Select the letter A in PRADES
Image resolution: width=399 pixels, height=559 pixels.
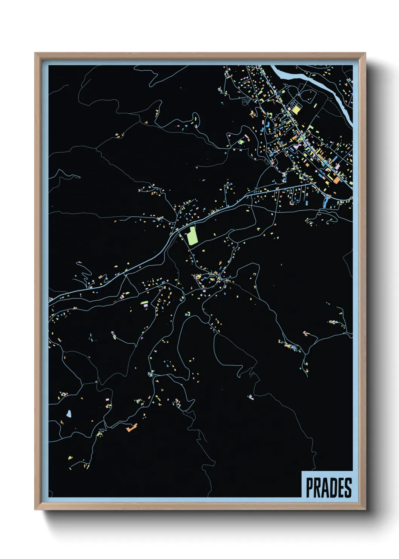pos(325,488)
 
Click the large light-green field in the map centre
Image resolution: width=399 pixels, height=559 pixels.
pos(192,236)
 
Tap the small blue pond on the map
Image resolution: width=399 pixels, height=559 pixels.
pos(69,414)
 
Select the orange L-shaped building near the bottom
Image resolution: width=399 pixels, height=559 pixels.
pos(131,428)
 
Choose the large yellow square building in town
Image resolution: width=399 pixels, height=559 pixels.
pos(296,110)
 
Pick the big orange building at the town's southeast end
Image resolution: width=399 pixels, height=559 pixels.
pos(336,181)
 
